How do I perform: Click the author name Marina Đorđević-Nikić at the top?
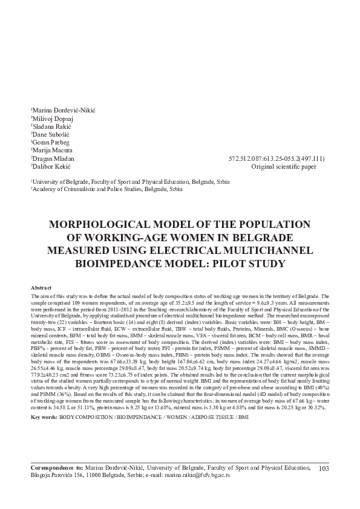point(64,110)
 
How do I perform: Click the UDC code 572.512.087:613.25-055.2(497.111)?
point(280,169)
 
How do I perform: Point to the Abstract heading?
point(41,288)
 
